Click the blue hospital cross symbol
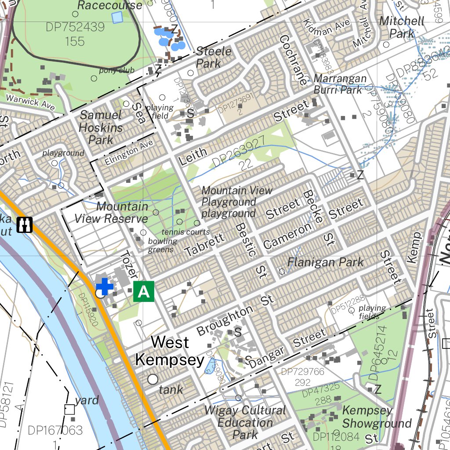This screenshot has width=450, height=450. pos(105,287)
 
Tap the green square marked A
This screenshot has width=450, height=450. pos(144,291)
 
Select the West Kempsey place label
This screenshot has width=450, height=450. pos(170,351)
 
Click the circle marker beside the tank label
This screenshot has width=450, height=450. pos(153,379)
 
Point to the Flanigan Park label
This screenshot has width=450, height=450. pos(325,262)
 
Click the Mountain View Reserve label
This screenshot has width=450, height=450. pos(111,212)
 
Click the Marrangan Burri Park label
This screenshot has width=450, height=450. pos(340,84)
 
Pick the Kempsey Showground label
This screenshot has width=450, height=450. pos(376,417)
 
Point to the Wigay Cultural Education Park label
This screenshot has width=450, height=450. pos(245,422)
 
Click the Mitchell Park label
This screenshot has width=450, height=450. pos(402,27)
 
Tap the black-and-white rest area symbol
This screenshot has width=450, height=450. pos(25,225)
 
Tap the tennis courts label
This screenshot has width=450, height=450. pos(185,232)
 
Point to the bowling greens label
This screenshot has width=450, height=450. pos(162,245)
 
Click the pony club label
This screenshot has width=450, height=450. pos(116,70)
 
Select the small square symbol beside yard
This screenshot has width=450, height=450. pos(69,410)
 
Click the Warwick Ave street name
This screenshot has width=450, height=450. pos(30,101)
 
